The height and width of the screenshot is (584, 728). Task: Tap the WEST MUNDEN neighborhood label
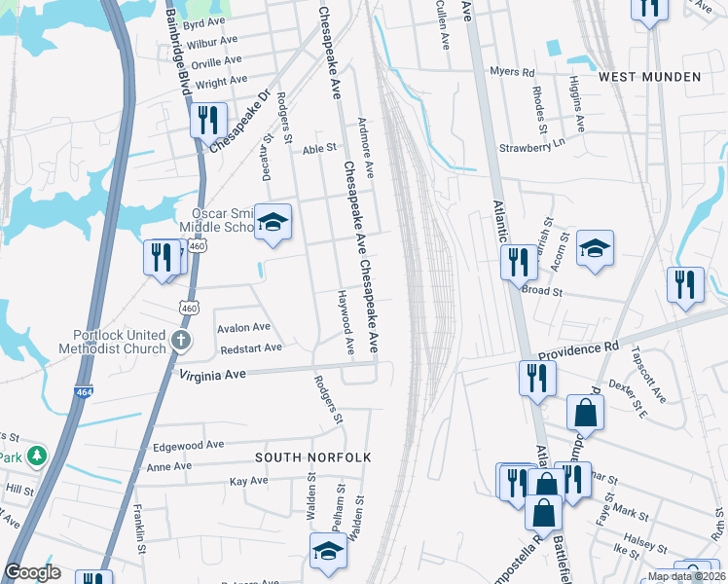tap(649, 76)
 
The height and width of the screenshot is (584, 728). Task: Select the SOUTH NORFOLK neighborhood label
tap(301, 456)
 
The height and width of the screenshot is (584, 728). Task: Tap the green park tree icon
tap(37, 455)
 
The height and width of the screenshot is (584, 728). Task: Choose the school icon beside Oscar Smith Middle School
tap(273, 222)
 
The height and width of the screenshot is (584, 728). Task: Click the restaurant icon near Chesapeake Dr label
tap(207, 121)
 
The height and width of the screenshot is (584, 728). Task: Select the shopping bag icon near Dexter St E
tap(585, 412)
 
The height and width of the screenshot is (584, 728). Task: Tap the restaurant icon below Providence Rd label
tap(536, 378)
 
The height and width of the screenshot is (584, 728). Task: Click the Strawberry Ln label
tap(531, 147)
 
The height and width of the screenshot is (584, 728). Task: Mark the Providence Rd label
tap(578, 347)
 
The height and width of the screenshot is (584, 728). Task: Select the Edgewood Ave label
tap(189, 445)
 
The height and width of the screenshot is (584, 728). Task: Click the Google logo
tap(33, 572)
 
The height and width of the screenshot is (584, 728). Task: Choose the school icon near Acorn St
tap(595, 249)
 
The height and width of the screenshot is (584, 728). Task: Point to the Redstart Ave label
tap(251, 347)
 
